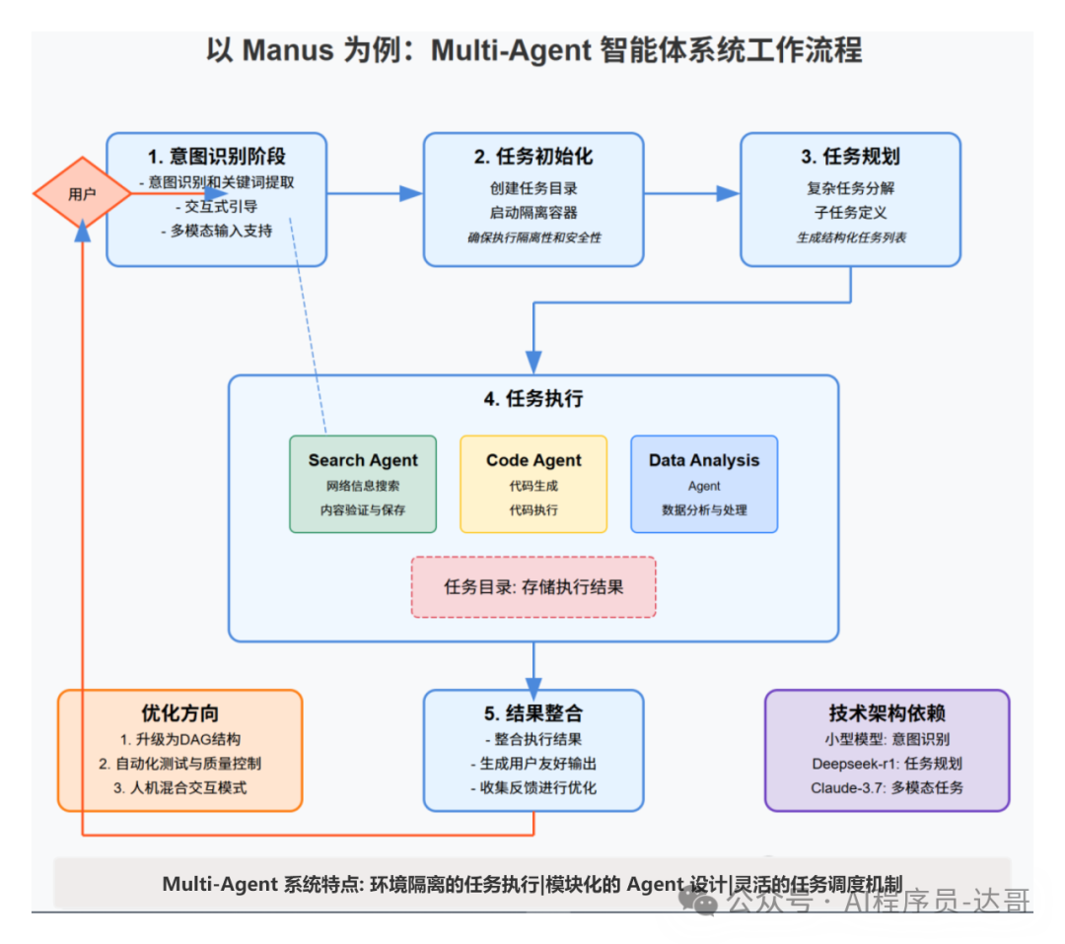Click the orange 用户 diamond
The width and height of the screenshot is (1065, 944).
click(x=82, y=194)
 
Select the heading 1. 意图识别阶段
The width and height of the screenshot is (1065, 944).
click(x=217, y=157)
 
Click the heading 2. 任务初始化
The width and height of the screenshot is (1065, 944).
click(x=533, y=157)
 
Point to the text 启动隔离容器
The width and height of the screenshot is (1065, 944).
click(x=533, y=213)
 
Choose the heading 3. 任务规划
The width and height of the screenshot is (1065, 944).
click(x=850, y=157)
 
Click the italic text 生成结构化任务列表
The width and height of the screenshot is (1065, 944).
click(x=851, y=237)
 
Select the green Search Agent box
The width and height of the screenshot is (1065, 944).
click(x=363, y=484)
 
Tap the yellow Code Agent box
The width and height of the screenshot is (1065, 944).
click(x=533, y=484)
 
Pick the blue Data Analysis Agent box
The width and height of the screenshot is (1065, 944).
click(x=704, y=484)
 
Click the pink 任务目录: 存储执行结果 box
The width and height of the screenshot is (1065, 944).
click(x=533, y=587)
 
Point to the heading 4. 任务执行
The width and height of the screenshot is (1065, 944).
click(x=533, y=399)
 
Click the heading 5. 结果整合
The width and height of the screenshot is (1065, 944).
click(x=533, y=713)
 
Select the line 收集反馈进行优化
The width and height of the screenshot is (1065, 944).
click(x=533, y=787)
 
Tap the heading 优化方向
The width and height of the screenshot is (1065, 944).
click(x=180, y=713)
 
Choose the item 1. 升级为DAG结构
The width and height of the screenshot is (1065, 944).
click(x=180, y=739)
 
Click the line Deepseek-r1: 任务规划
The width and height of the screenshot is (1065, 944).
click(x=887, y=764)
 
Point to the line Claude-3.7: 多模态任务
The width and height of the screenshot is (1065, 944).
click(x=887, y=787)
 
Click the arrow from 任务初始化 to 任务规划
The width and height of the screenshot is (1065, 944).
click(x=691, y=194)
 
